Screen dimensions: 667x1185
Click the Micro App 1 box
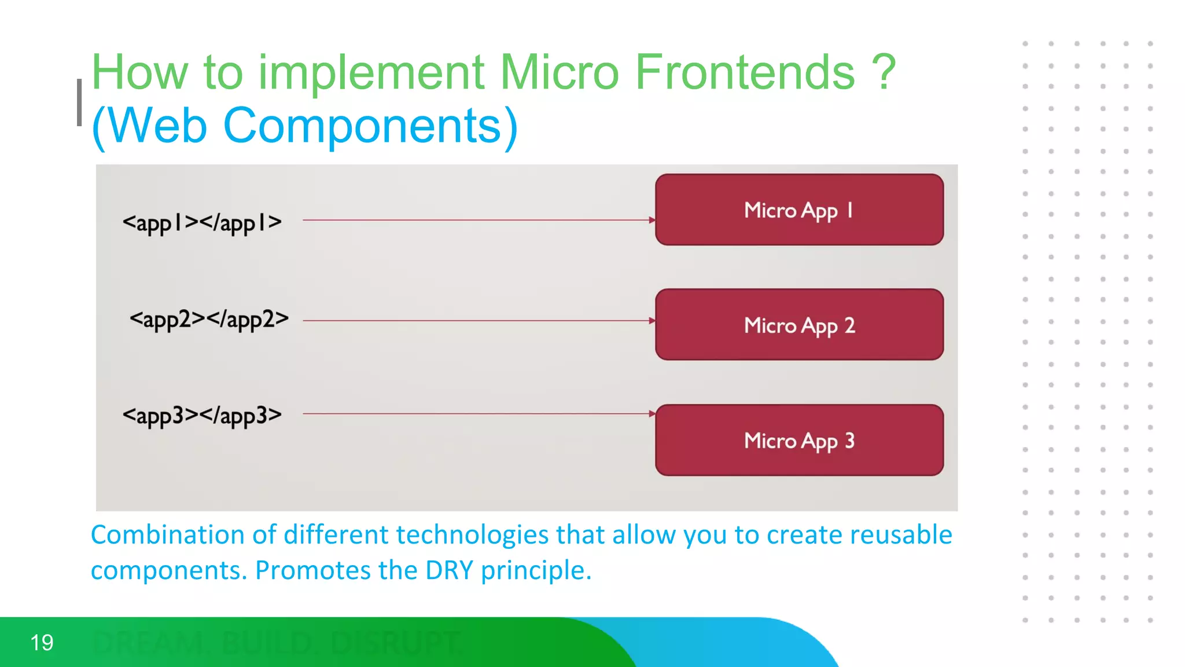(x=799, y=210)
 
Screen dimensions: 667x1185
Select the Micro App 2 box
(x=799, y=325)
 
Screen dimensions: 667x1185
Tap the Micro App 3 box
(x=799, y=440)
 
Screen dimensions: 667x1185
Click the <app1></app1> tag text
(x=202, y=222)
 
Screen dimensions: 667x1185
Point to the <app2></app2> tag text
(x=209, y=319)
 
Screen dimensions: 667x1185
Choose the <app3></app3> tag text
(x=202, y=415)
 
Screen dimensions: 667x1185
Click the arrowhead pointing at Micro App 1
(x=652, y=220)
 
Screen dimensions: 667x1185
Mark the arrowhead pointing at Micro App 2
(x=652, y=320)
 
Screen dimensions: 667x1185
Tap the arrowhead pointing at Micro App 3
(x=652, y=413)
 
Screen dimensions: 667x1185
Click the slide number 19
(x=42, y=643)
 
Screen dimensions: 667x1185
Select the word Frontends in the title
(x=745, y=72)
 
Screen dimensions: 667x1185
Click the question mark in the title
(x=884, y=72)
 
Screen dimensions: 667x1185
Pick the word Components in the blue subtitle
(x=363, y=126)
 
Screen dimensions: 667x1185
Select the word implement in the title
(x=371, y=72)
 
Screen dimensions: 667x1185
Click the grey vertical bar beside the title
(x=79, y=102)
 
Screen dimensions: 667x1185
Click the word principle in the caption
(x=535, y=570)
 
